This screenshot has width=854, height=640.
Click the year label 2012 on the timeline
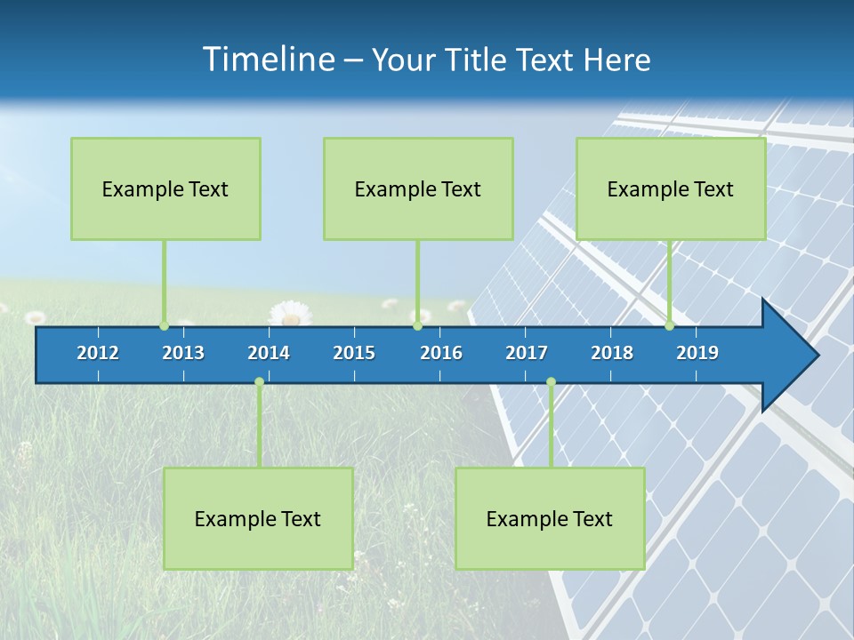click(98, 353)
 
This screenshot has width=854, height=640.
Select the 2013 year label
click(183, 353)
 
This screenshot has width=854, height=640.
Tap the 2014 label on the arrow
click(269, 353)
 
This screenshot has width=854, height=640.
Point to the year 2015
click(354, 353)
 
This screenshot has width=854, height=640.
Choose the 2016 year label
click(441, 353)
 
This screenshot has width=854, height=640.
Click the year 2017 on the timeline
click(527, 353)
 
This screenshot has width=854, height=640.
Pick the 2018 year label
click(612, 353)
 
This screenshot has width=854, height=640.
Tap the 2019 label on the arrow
click(697, 353)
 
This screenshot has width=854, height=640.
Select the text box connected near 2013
click(165, 188)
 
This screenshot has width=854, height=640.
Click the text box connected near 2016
click(418, 188)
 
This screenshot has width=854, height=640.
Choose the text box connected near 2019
click(671, 188)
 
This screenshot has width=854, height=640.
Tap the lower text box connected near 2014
click(258, 518)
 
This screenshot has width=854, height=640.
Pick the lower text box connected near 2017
click(550, 518)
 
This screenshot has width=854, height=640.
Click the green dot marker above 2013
click(164, 325)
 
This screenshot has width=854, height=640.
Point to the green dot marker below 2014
click(259, 382)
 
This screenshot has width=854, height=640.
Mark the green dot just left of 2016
click(417, 325)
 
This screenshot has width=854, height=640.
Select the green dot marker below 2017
click(551, 382)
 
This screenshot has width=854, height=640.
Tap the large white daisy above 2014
click(289, 313)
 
